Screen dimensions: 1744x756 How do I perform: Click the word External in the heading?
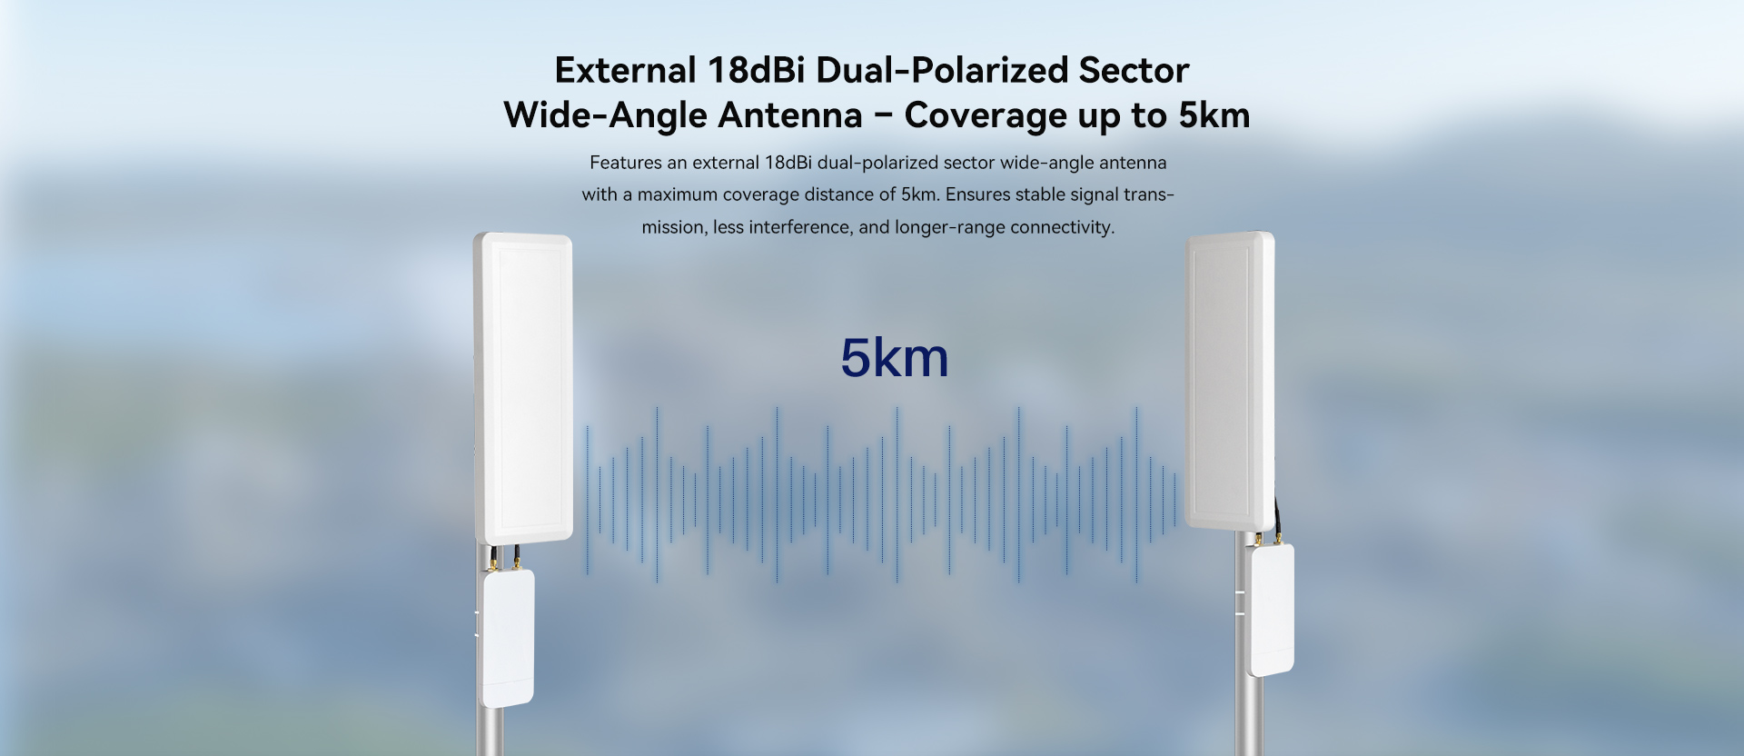point(626,70)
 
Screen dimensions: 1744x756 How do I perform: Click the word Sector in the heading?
point(1134,70)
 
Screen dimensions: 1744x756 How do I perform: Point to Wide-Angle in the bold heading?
point(605,115)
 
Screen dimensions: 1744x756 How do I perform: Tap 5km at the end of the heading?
point(1214,115)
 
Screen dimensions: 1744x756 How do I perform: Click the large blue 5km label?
point(895,357)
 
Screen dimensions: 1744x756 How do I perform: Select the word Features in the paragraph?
point(626,163)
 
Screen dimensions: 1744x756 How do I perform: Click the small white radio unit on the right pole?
point(1272,609)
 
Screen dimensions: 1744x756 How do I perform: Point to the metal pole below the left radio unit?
point(490,731)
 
